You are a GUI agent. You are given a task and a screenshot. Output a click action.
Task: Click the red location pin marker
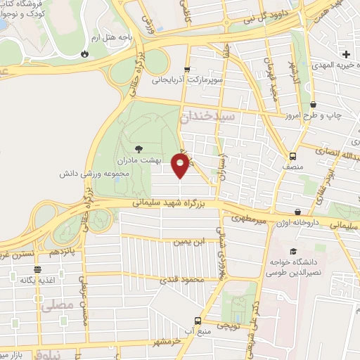coord(181,165)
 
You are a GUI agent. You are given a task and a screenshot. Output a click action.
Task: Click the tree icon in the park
coord(139,148)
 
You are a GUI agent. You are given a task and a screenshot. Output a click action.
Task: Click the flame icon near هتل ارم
coord(84,53)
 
